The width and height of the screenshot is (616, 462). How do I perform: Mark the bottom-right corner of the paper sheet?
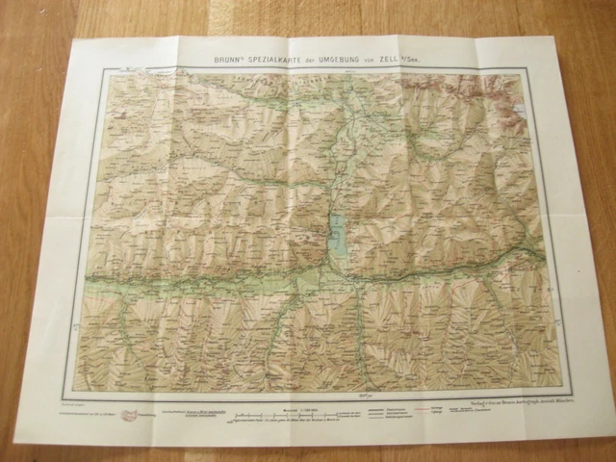click(586, 428)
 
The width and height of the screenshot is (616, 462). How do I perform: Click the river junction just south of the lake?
click(348, 279)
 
